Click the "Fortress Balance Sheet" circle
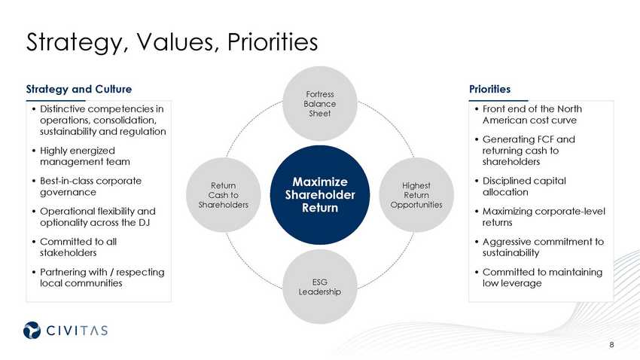[x=320, y=103]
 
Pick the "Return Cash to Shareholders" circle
[x=223, y=195]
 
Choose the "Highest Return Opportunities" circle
[x=416, y=195]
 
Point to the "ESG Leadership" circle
[x=320, y=286]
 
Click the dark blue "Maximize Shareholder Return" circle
[x=320, y=195]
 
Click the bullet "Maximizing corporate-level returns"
[x=542, y=217]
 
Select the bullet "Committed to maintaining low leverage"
[x=542, y=277]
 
